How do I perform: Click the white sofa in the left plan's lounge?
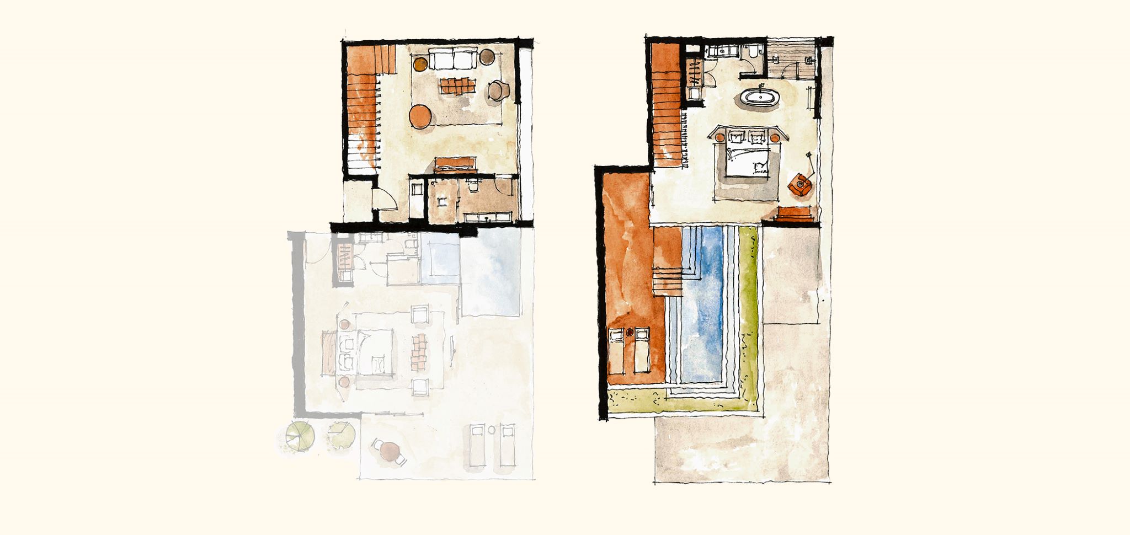[452, 59]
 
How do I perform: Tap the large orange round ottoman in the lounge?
[420, 117]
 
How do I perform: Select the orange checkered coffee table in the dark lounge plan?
[457, 86]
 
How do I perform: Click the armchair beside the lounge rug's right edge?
[498, 90]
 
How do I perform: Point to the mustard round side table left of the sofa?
[420, 65]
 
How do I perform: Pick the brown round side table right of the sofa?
[487, 56]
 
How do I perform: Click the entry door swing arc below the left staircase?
[385, 200]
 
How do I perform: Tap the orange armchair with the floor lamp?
[799, 184]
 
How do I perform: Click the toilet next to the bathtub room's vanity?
[753, 54]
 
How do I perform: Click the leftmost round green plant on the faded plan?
[300, 436]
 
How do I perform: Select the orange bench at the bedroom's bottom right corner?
[795, 213]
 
